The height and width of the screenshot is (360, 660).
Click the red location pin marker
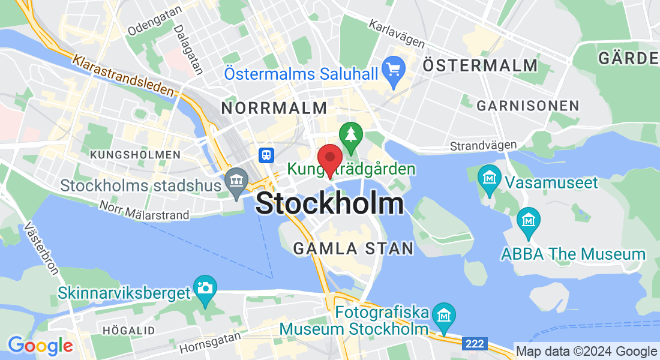coord(329,159)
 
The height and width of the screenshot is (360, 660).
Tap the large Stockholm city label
coord(329,203)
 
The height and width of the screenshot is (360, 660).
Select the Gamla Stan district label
coord(353,248)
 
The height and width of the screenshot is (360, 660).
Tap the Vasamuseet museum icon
coord(490,178)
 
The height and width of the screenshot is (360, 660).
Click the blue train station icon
coord(266,155)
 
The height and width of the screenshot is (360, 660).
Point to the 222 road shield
coord(474,344)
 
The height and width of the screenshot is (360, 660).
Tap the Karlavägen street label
coord(397,34)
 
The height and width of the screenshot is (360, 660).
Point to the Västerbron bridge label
coord(42,248)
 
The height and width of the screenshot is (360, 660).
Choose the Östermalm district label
coord(480,65)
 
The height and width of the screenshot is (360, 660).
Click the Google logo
coord(40,346)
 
